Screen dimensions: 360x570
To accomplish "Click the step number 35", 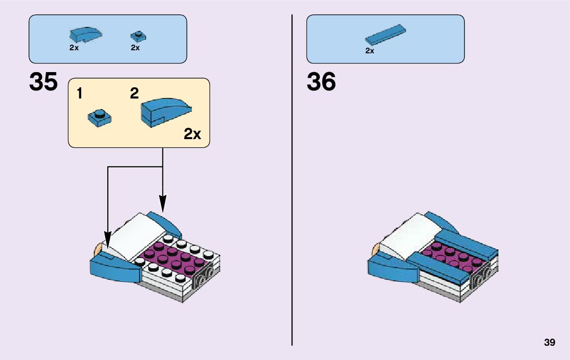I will (44, 82).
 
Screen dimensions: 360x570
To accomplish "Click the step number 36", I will (321, 82).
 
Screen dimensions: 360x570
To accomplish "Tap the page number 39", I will (549, 342).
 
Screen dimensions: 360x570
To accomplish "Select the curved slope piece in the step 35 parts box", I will (85, 35).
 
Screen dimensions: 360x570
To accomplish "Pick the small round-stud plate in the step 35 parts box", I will (138, 36).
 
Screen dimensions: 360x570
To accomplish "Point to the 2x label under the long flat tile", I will (370, 51).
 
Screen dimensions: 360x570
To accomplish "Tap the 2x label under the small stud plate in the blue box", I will (135, 48).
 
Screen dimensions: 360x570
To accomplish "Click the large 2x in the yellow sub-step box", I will (192, 134).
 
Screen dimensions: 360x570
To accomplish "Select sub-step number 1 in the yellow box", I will (80, 94).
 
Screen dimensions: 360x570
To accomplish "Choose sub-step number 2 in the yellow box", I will (134, 93).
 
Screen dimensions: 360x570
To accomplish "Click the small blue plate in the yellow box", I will (100, 117).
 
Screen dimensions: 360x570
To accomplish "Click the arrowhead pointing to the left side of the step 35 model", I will (108, 237).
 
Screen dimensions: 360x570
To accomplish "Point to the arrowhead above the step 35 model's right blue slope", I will (162, 204).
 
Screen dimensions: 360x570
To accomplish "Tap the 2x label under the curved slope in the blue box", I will (74, 48).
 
